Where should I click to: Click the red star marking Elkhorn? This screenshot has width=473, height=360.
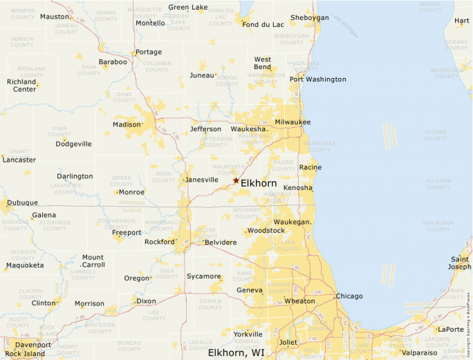[236, 180]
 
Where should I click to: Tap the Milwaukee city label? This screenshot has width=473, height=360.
[293, 122]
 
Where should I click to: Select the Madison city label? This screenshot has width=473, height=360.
[127, 125]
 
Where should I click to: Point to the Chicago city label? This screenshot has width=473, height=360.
[349, 296]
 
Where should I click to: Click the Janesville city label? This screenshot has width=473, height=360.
[202, 180]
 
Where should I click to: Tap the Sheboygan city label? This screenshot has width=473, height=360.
[310, 17]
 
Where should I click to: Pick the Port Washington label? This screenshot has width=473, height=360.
[317, 79]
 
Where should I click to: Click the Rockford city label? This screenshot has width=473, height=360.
[160, 243]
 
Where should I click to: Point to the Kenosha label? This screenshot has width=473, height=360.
[298, 188]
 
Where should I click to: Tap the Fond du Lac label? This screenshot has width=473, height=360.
[263, 25]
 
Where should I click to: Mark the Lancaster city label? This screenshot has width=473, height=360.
[19, 160]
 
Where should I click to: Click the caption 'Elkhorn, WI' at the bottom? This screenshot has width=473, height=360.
[236, 353]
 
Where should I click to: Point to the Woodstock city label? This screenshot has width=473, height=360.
[266, 230]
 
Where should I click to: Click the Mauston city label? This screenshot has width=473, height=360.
[55, 17]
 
